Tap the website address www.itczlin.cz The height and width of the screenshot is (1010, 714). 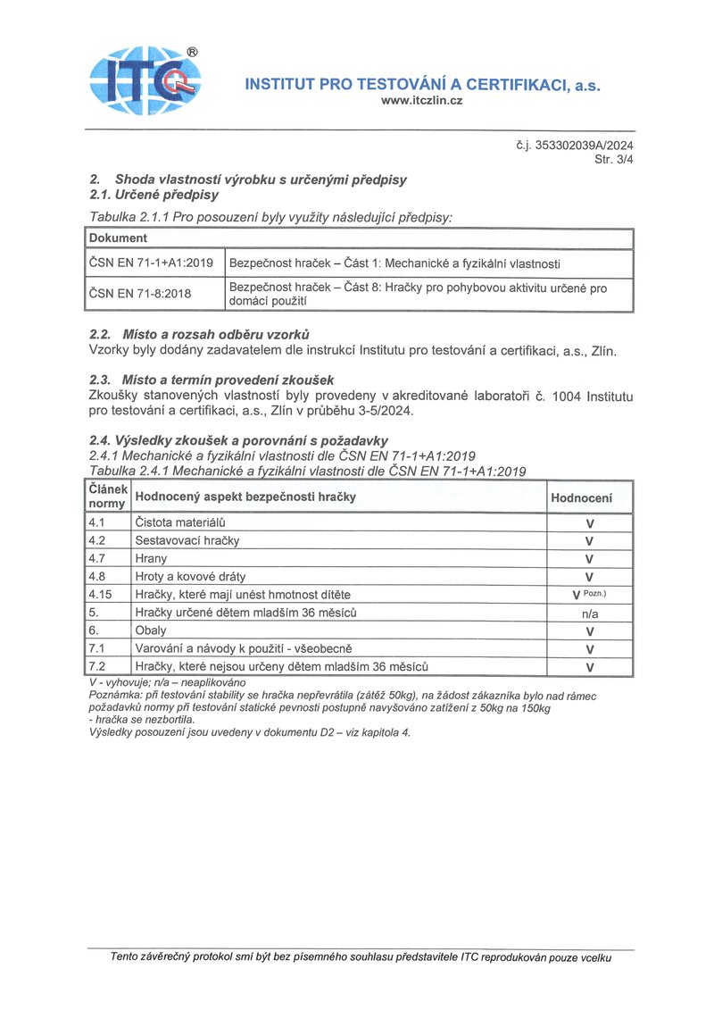click(422, 101)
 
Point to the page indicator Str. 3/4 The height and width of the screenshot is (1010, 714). click(614, 160)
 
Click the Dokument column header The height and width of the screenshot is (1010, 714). click(118, 238)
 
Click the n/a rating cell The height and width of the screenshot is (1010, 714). click(589, 614)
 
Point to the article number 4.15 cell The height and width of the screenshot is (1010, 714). click(100, 595)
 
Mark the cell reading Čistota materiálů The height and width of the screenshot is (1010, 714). click(179, 522)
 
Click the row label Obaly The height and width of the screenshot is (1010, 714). click(151, 630)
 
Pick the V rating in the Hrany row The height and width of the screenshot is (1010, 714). click(589, 559)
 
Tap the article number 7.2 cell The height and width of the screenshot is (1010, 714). click(97, 666)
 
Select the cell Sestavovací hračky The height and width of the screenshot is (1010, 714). click(187, 540)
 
